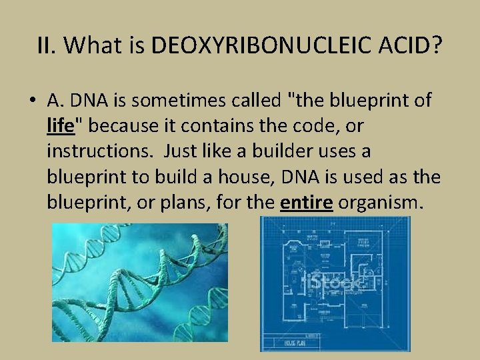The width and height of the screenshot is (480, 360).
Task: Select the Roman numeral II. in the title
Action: pyautogui.click(x=47, y=46)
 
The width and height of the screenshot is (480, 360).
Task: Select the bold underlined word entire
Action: pyautogui.click(x=306, y=203)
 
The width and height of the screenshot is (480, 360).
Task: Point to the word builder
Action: pyautogui.click(x=282, y=151)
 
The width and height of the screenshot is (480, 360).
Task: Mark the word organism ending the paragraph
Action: pyautogui.click(x=380, y=203)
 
